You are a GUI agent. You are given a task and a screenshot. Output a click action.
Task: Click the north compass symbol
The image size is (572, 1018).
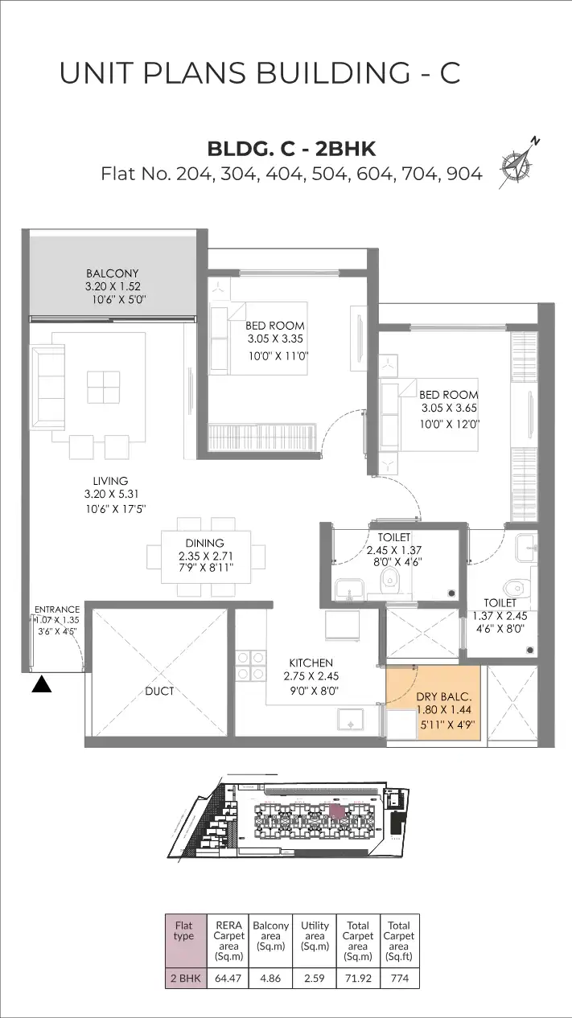click(x=517, y=162)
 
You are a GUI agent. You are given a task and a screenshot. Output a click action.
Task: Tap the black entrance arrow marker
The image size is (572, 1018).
click(x=41, y=683)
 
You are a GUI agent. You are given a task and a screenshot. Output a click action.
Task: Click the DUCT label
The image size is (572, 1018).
click(x=159, y=692)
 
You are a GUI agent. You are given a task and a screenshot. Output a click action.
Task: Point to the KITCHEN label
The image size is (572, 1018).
click(x=311, y=663)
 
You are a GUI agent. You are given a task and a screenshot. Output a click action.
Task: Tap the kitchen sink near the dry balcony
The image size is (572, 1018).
click(x=350, y=720)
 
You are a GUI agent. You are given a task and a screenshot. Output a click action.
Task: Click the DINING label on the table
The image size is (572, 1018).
click(x=204, y=543)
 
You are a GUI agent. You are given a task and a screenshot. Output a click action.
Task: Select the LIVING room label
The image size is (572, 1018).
click(x=110, y=480)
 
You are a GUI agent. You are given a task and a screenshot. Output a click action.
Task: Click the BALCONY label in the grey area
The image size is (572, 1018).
click(x=113, y=273)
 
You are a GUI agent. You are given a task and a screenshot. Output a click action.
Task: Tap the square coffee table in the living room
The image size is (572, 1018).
click(x=104, y=387)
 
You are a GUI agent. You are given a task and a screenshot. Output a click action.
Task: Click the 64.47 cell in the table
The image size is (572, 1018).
click(x=228, y=978)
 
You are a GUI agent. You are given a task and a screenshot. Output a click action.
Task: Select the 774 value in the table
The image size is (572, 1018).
click(x=400, y=978)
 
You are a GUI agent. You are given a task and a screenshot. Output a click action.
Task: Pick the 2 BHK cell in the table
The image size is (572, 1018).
click(x=186, y=978)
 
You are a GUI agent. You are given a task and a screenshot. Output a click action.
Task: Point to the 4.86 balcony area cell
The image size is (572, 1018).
click(x=270, y=978)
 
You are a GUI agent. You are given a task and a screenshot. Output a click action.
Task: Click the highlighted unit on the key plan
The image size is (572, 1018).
click(x=336, y=811)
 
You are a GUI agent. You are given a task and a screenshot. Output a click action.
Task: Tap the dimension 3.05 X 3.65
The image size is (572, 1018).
click(x=449, y=408)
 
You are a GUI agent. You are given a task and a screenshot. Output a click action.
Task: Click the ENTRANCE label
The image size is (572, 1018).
click(x=57, y=609)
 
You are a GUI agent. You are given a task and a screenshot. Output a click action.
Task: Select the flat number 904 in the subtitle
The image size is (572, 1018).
click(x=464, y=174)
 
